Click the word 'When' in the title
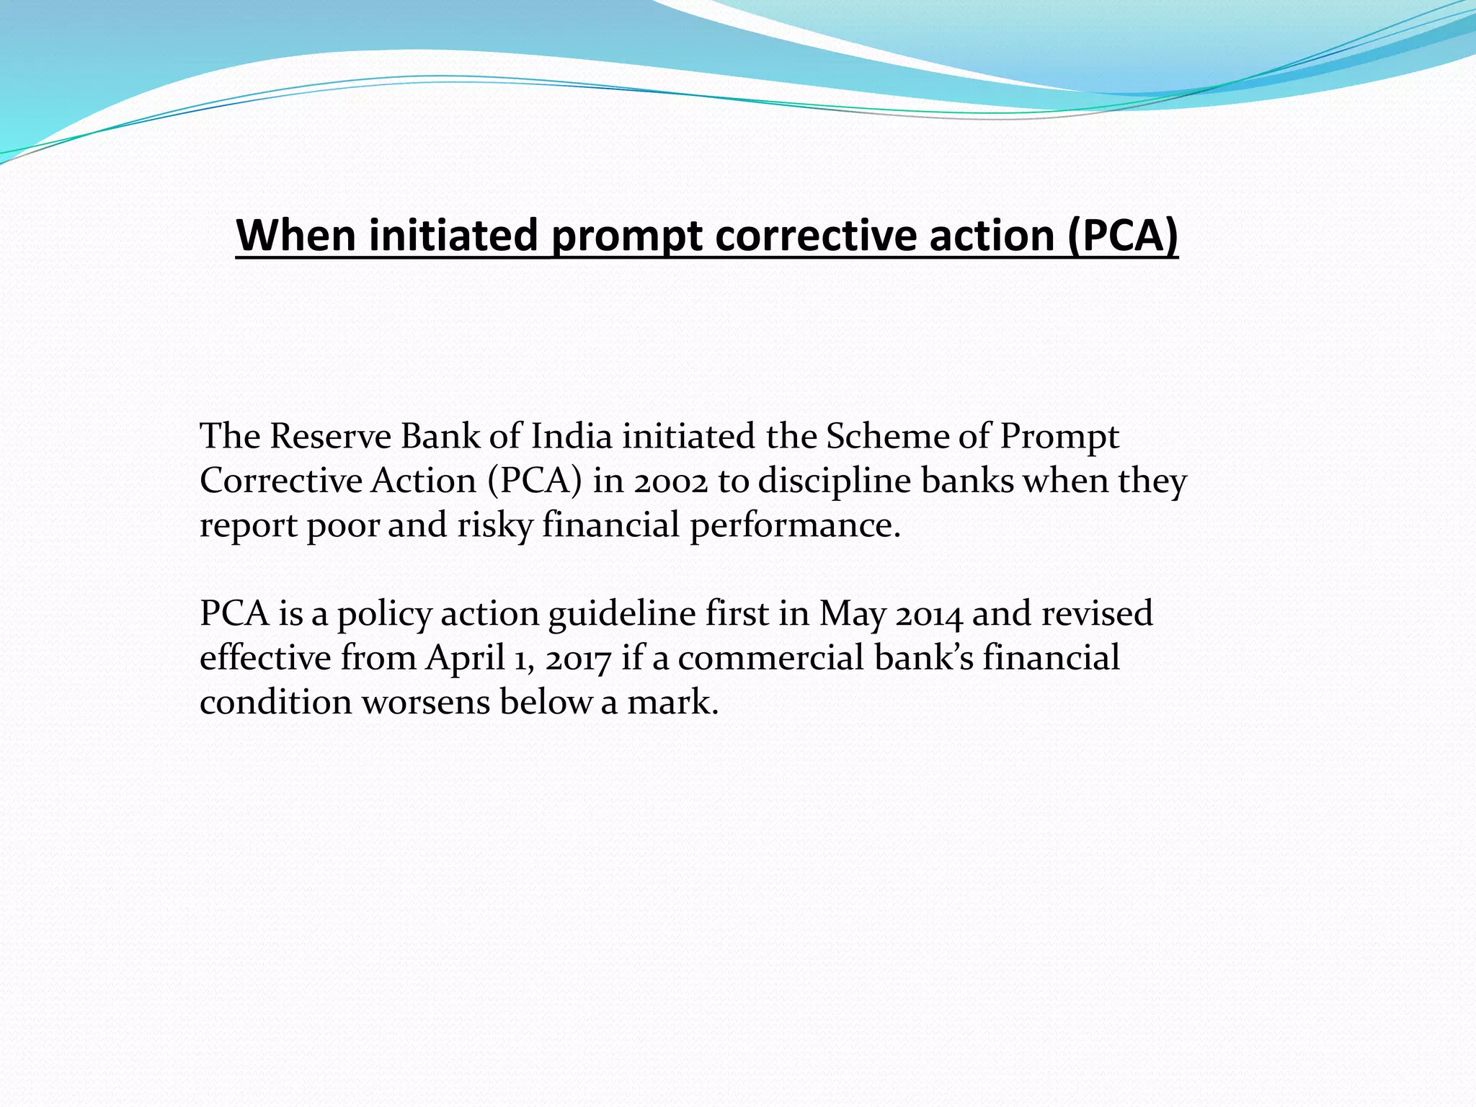click(296, 235)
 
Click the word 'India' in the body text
click(572, 437)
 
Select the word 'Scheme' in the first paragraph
click(887, 437)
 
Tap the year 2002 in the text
click(671, 481)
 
